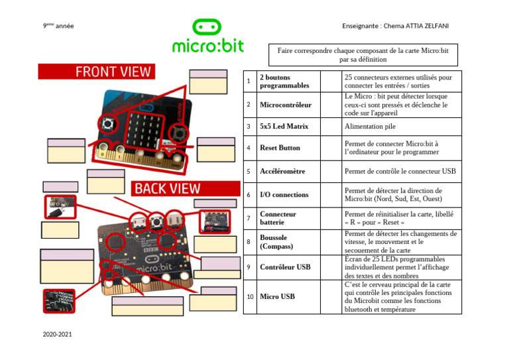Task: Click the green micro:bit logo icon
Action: coord(207,29)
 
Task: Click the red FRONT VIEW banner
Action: coord(95,72)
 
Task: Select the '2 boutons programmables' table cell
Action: coord(284,82)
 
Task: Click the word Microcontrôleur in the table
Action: coord(286,105)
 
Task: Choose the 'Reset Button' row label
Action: coord(280,148)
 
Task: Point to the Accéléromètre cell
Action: coord(282,171)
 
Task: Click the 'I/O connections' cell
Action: coord(284,195)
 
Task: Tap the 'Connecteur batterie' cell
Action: coord(278,219)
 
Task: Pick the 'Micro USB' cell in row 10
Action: coord(277,296)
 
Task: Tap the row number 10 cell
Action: coord(249,296)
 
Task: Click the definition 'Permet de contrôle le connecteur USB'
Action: coord(400,171)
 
